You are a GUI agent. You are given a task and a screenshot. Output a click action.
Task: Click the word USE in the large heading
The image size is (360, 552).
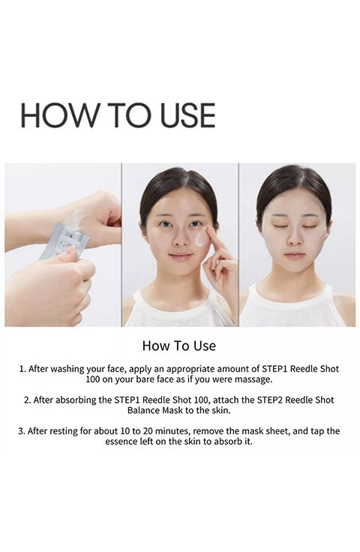187,115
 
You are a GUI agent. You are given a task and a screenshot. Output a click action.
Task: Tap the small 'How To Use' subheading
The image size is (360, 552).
179,346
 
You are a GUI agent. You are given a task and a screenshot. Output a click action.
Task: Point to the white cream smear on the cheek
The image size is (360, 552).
200,238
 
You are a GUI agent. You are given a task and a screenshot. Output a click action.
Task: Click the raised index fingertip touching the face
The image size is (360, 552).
209,230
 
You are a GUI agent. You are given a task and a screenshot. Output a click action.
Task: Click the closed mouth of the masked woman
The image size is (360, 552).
295,255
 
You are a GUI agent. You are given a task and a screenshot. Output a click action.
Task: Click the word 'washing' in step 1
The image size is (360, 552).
67,369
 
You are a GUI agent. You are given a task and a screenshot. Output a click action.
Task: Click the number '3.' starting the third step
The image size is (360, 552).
22,431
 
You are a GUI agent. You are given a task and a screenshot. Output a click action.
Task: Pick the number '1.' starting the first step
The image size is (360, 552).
22,369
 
